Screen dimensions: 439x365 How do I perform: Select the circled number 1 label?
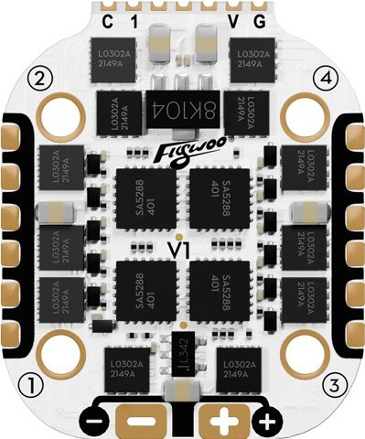33,384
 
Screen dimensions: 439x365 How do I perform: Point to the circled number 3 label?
333,384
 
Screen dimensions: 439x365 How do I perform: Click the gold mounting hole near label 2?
61,113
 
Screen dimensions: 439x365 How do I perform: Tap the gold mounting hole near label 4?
304,113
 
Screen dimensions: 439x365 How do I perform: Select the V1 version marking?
182,247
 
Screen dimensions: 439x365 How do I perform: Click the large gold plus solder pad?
223,422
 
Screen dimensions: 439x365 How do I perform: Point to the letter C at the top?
108,20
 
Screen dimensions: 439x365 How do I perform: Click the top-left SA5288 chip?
145,198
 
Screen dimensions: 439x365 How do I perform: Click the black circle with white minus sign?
93,423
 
